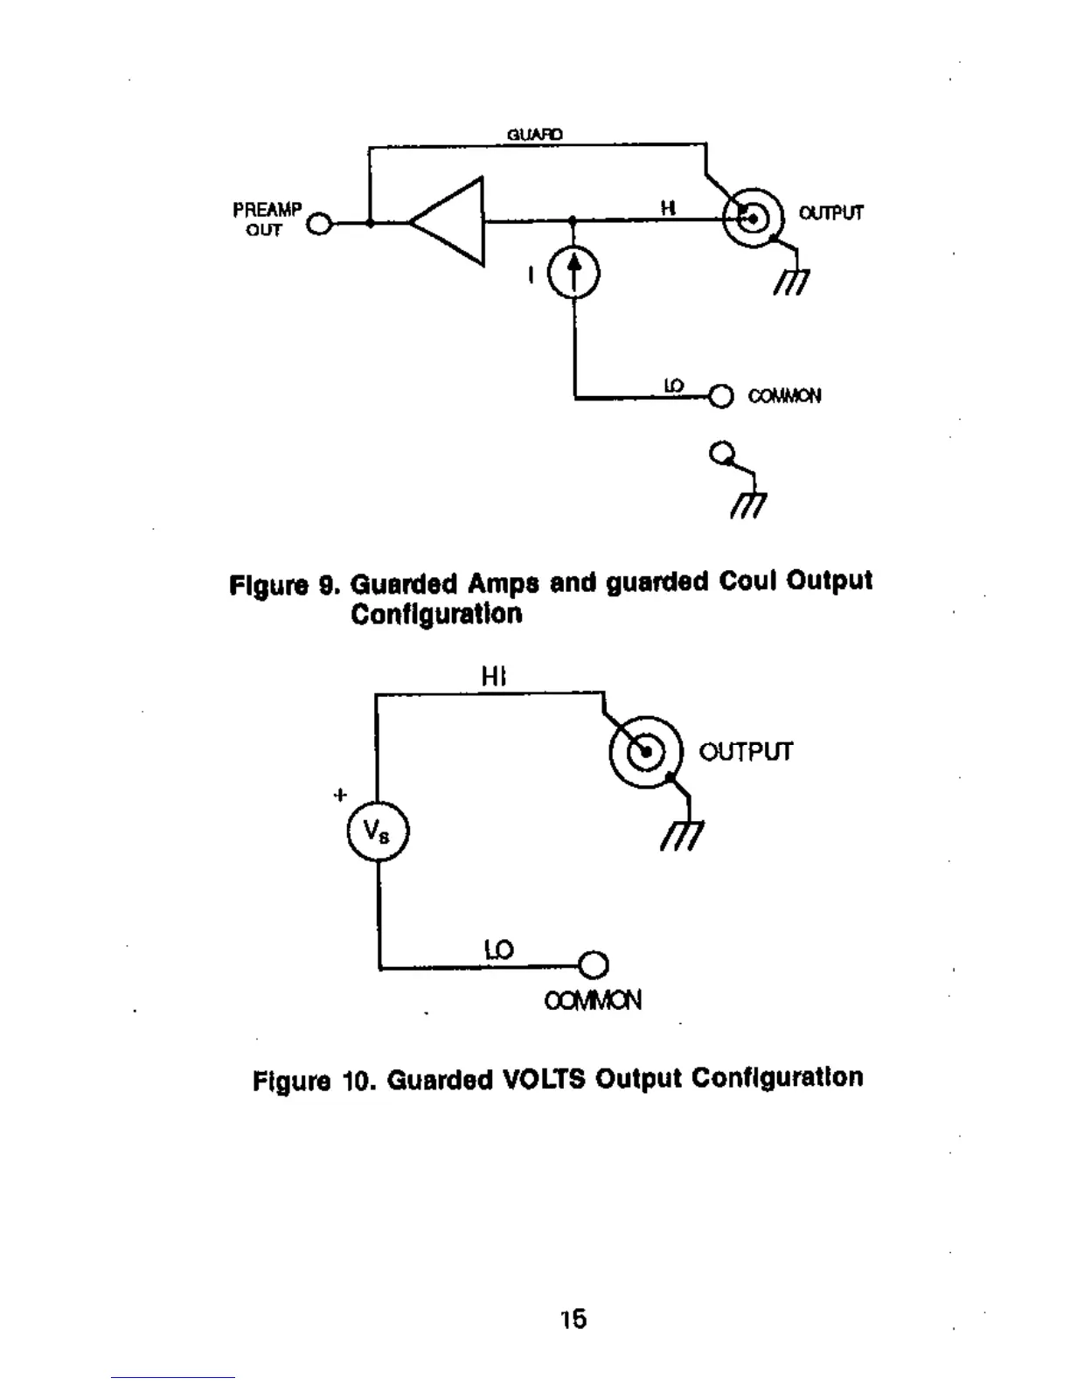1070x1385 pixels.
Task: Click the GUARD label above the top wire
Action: [535, 135]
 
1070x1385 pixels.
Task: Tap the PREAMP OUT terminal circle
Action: [321, 224]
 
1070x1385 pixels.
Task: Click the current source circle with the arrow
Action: [573, 273]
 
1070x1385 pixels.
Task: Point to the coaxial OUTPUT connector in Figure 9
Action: [753, 216]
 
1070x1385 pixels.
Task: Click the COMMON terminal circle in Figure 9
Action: [720, 396]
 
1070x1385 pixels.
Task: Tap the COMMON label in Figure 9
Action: [784, 396]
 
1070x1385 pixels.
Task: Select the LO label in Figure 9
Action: [673, 386]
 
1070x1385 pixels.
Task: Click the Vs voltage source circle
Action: [378, 831]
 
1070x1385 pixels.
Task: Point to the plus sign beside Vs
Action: [340, 795]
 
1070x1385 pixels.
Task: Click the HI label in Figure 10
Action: [494, 677]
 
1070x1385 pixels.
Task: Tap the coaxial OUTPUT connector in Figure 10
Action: [646, 751]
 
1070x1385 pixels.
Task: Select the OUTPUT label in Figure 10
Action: [746, 752]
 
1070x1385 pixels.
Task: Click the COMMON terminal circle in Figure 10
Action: [594, 964]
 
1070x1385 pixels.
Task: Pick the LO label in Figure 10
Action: [499, 950]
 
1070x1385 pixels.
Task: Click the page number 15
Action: [573, 1319]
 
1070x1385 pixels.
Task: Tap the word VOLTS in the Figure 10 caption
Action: [544, 1079]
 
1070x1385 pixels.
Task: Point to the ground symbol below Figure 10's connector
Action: [683, 836]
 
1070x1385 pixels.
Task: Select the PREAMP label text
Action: [267, 210]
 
